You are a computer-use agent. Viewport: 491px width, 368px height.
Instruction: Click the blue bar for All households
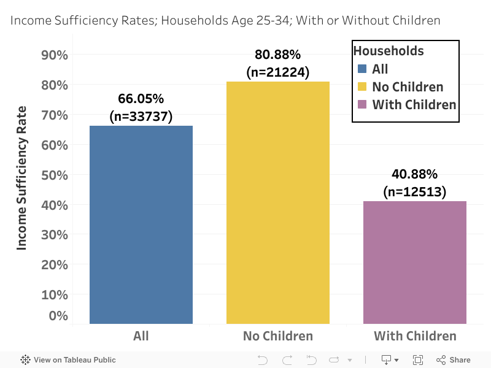[141, 224]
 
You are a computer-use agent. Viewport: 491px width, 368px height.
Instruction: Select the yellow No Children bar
[277, 202]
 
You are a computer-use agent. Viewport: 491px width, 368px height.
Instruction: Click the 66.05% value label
[141, 99]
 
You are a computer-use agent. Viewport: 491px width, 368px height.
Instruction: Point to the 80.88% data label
[277, 55]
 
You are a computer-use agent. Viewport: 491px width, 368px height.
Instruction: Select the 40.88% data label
[415, 175]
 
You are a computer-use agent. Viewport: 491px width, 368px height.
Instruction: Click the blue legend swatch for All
[362, 69]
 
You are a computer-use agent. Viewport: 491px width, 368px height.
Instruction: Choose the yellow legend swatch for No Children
[362, 86]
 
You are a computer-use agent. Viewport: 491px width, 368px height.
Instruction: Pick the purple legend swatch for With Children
[362, 104]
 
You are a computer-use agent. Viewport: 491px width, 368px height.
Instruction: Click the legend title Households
[389, 51]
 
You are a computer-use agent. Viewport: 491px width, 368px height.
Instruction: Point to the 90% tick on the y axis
[53, 55]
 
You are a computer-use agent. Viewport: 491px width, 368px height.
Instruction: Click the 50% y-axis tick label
[53, 175]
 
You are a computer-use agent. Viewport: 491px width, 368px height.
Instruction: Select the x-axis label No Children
[277, 336]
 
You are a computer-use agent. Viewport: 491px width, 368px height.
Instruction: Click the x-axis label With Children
[415, 336]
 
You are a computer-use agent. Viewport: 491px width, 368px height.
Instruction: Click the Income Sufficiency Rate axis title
[22, 178]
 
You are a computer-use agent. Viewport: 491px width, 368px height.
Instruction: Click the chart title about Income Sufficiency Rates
[225, 20]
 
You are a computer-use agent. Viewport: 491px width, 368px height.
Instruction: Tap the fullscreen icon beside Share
[418, 360]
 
